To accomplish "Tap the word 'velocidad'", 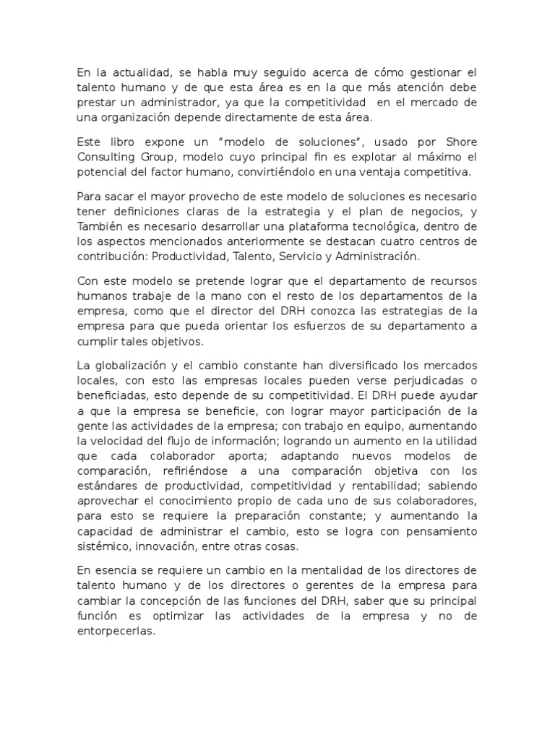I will pos(115,441).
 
